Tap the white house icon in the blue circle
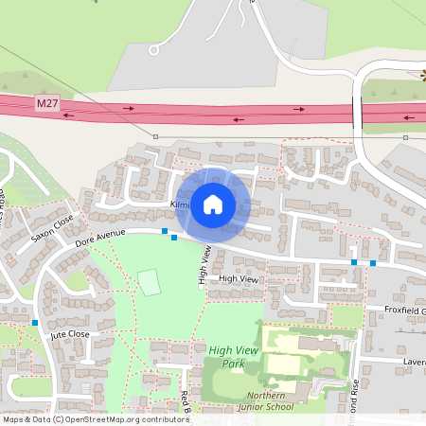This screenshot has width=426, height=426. tap(213, 204)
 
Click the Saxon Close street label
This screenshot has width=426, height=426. tap(51, 227)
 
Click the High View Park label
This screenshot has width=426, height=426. tap(232, 357)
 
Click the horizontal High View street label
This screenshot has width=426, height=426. tap(238, 278)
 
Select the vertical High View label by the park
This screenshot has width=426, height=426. tap(204, 265)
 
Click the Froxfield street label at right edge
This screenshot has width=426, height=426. tap(405, 311)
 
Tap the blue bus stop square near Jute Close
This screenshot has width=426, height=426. tap(35, 323)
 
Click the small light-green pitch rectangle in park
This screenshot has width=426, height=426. tap(150, 282)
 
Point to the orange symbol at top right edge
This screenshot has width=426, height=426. tap(422, 74)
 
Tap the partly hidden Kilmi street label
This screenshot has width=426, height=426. tap(180, 204)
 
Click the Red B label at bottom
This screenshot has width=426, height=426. tap(186, 401)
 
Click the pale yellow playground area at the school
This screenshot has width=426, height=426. tap(282, 364)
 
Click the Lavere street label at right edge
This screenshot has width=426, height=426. tap(414, 362)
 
